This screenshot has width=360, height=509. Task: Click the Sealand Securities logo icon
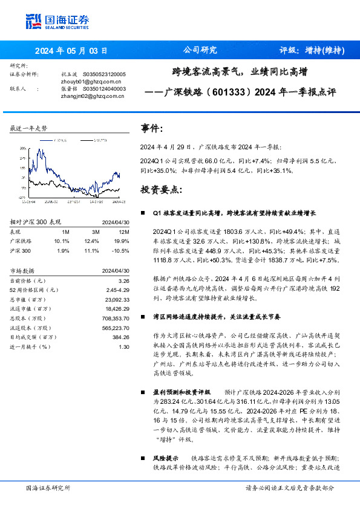click(33, 21)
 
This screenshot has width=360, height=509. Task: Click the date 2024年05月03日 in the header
click(71, 50)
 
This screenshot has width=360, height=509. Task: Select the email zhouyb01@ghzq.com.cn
click(88, 81)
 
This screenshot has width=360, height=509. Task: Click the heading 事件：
click(152, 129)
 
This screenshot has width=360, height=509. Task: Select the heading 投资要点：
click(161, 190)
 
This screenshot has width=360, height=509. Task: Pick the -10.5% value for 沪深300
click(120, 250)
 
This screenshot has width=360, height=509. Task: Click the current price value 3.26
click(124, 281)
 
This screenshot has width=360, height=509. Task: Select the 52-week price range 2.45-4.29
click(117, 290)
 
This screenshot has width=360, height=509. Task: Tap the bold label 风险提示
click(166, 459)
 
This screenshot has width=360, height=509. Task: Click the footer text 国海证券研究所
click(48, 487)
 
